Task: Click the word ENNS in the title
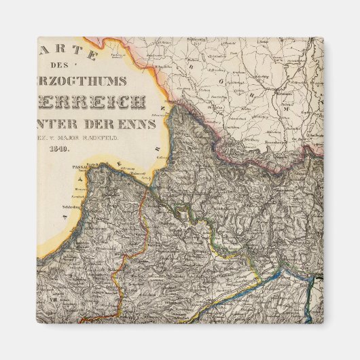click(x=142, y=124)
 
